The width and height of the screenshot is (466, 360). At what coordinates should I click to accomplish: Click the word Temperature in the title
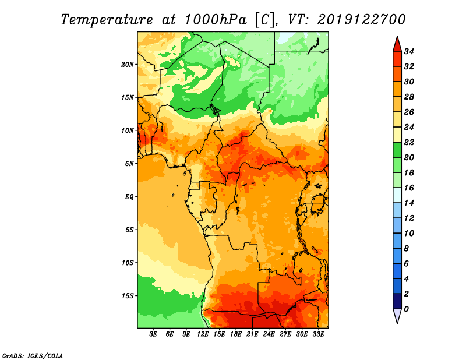click(107, 20)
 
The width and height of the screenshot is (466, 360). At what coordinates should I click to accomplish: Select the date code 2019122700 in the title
click(361, 20)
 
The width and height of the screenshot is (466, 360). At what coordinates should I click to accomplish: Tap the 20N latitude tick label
click(128, 64)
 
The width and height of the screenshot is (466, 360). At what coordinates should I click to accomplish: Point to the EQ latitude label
click(129, 197)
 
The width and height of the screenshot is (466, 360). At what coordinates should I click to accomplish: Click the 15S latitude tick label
click(128, 296)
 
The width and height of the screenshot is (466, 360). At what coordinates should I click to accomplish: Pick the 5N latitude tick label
click(129, 164)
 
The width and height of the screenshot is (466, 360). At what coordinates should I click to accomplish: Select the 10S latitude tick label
click(128, 263)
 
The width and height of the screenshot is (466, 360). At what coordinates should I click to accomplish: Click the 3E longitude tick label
click(153, 334)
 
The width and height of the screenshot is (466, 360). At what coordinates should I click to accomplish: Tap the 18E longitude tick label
click(236, 334)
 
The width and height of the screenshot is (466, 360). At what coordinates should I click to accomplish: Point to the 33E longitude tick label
click(318, 334)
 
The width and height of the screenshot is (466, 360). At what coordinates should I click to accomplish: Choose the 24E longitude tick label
click(269, 334)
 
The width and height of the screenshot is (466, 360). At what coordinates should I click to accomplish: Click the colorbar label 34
click(409, 51)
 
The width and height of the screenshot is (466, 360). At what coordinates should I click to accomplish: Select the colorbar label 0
click(406, 309)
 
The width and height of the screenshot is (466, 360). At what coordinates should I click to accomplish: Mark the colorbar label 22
click(409, 142)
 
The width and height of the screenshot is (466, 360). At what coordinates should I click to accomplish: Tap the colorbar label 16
click(409, 188)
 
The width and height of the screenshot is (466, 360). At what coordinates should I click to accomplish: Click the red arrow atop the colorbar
click(397, 44)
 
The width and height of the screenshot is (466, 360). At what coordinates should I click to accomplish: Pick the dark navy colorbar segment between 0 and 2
click(397, 301)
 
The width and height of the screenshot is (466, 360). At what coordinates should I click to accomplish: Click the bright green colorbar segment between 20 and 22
click(397, 150)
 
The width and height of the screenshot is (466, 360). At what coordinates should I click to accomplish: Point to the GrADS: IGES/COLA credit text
click(33, 356)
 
